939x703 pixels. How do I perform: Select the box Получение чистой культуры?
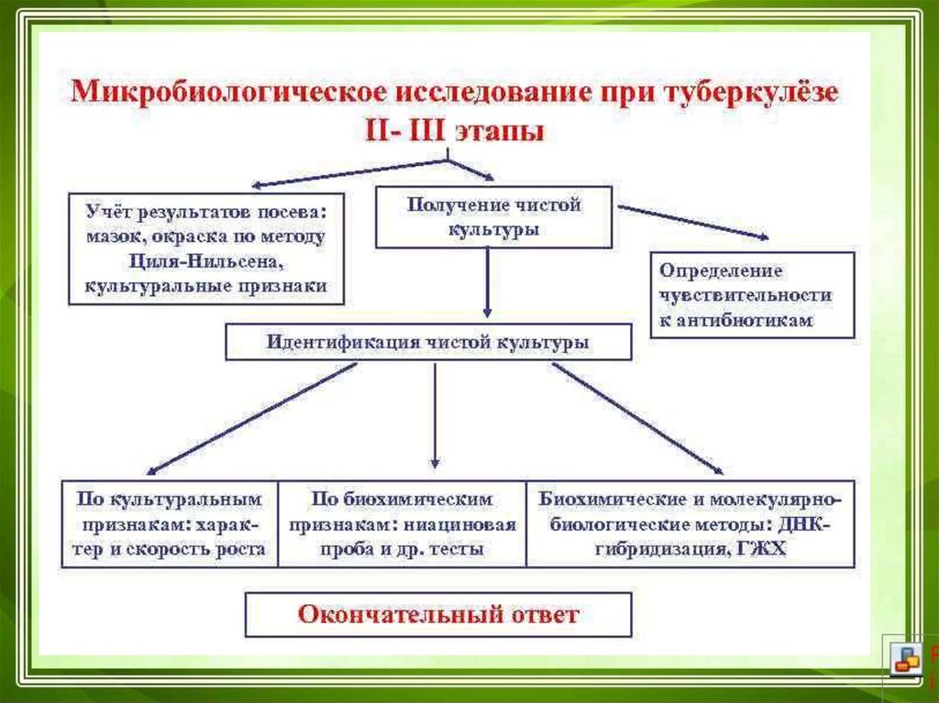(x=493, y=216)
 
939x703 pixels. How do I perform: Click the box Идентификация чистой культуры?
(x=428, y=344)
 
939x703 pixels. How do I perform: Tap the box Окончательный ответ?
(x=437, y=614)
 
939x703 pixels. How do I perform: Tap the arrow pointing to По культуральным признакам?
(x=248, y=418)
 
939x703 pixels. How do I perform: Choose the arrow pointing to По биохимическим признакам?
(x=436, y=418)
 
